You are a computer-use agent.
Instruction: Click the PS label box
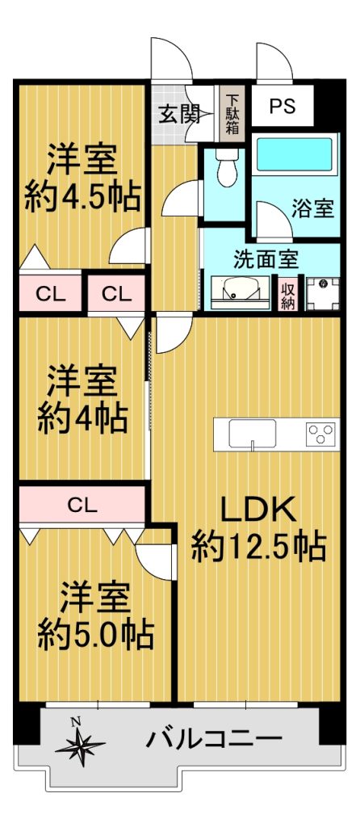tap(282, 106)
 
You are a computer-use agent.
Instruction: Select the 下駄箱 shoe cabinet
tap(232, 113)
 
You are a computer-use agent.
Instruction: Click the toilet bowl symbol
tap(227, 168)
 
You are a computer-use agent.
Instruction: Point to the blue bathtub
tap(295, 154)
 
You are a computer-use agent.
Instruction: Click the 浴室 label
tap(312, 209)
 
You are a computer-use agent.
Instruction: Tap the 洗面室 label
tap(266, 258)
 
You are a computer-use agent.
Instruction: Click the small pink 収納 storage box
tap(288, 294)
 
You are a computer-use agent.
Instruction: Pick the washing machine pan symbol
tap(323, 293)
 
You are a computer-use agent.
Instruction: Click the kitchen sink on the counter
tap(253, 434)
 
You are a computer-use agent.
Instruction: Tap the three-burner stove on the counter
tap(320, 434)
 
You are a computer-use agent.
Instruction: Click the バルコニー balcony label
tap(214, 741)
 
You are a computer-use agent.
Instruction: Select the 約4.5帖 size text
tap(82, 196)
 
